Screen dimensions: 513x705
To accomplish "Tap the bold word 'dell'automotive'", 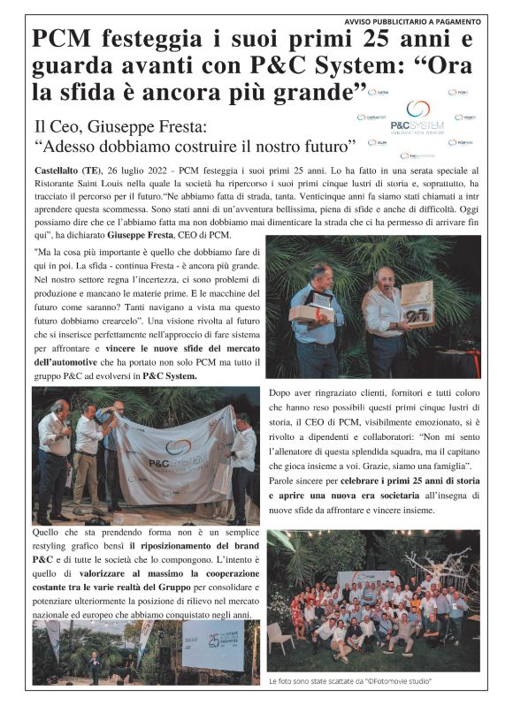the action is tap(71, 360).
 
